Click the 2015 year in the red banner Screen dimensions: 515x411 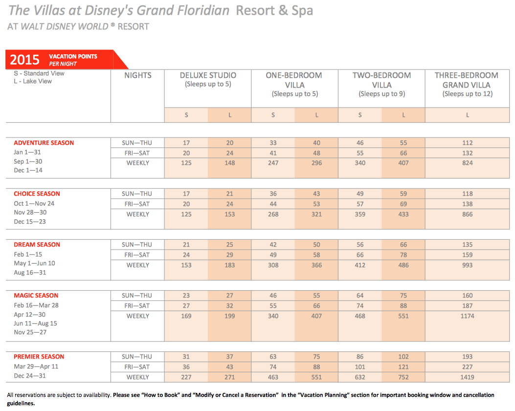pos(24,60)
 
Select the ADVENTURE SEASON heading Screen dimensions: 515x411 pos(44,143)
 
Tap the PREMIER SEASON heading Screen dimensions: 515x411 pos(39,357)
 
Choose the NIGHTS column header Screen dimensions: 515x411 pos(138,75)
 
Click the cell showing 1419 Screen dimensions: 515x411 pos(467,377)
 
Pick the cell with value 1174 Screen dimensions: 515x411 pos(467,316)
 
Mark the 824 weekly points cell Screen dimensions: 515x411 pos(468,163)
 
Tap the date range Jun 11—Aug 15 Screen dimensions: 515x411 pos(36,323)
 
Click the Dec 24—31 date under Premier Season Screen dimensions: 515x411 pos(30,376)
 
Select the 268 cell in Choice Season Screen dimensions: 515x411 pos(273,214)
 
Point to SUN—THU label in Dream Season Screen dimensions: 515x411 pos(137,245)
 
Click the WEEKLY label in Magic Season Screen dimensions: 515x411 pos(138,316)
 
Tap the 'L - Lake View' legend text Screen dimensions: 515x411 pos(33,81)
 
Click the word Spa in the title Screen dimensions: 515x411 pos(302,10)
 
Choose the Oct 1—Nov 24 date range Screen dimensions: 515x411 pos(34,204)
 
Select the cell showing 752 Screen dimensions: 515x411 pos(403,377)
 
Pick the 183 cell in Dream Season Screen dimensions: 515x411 pos(229,265)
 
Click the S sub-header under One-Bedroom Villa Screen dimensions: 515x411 pos(273,115)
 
